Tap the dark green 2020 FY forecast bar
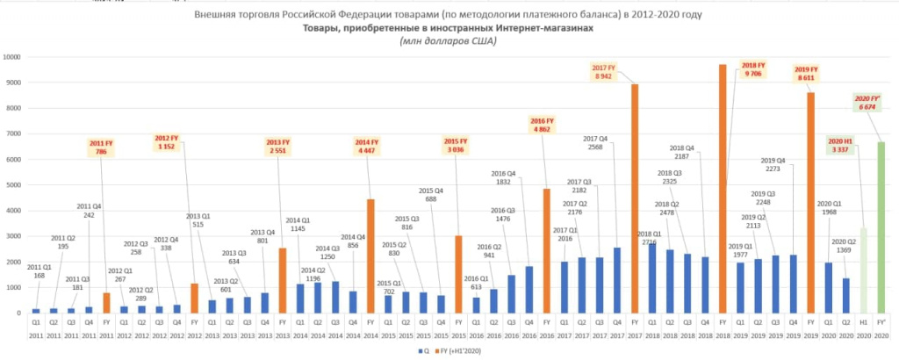[881, 227]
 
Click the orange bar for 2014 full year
[370, 256]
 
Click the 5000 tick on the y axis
[13, 185]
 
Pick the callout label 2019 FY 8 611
[805, 74]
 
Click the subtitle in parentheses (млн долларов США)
[448, 41]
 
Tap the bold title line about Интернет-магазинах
[448, 28]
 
